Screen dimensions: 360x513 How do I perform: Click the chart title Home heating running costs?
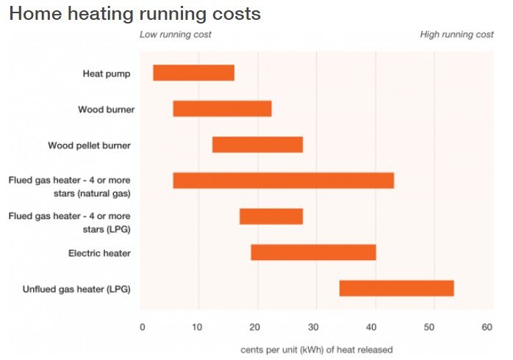click(x=134, y=14)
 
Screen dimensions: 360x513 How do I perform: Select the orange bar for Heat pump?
click(x=193, y=73)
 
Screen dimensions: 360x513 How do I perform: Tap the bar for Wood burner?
click(x=222, y=109)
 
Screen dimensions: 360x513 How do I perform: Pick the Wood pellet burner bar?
click(x=257, y=145)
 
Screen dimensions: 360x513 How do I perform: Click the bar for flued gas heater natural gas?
click(x=283, y=180)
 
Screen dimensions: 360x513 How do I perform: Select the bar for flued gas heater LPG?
click(x=271, y=216)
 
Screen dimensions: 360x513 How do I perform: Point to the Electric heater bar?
click(x=313, y=252)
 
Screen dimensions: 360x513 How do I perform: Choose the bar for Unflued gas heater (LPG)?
click(x=396, y=288)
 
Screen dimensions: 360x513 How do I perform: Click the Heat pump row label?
click(x=107, y=73)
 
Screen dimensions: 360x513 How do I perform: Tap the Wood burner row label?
click(x=104, y=109)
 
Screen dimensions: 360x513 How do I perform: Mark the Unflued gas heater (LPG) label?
click(x=76, y=289)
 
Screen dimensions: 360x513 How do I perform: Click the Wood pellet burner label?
click(x=89, y=145)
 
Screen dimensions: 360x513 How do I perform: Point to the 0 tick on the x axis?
click(x=142, y=326)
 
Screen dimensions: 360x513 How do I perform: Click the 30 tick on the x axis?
click(x=314, y=326)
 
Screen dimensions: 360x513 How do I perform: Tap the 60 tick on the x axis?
click(x=487, y=326)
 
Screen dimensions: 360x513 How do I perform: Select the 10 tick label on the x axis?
click(x=198, y=326)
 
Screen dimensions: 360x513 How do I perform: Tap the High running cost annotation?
click(x=456, y=35)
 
